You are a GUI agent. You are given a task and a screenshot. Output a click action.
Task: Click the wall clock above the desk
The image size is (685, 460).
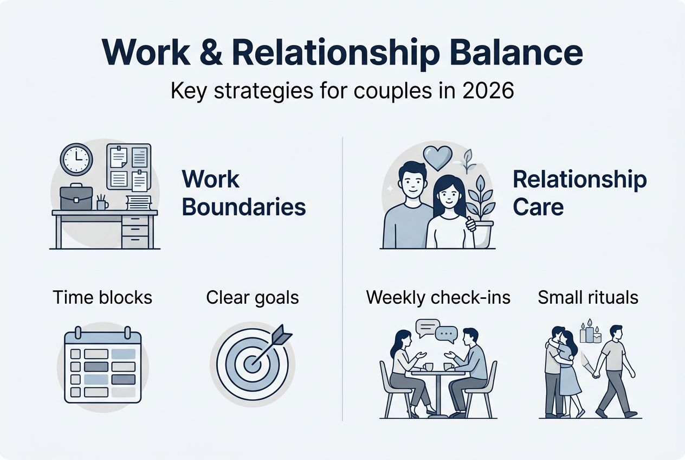click(x=76, y=159)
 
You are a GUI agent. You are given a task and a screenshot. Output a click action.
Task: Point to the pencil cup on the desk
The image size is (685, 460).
click(x=102, y=203)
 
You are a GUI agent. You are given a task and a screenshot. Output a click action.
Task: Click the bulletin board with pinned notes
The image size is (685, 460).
click(x=128, y=166)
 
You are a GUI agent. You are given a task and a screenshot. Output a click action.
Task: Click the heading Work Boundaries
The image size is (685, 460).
click(x=243, y=193)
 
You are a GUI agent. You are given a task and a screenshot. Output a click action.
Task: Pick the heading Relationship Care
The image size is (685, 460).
click(x=579, y=193)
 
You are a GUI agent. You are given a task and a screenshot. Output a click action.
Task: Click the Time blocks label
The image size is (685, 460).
click(x=102, y=297)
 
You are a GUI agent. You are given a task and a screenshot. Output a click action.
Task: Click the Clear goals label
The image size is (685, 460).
click(x=253, y=297)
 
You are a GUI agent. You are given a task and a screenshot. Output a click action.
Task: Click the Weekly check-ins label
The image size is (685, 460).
click(x=438, y=297)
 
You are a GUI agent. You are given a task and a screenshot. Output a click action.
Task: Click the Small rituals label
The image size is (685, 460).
click(x=587, y=297)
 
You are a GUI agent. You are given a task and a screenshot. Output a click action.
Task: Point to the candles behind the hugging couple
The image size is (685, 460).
click(x=590, y=333)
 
